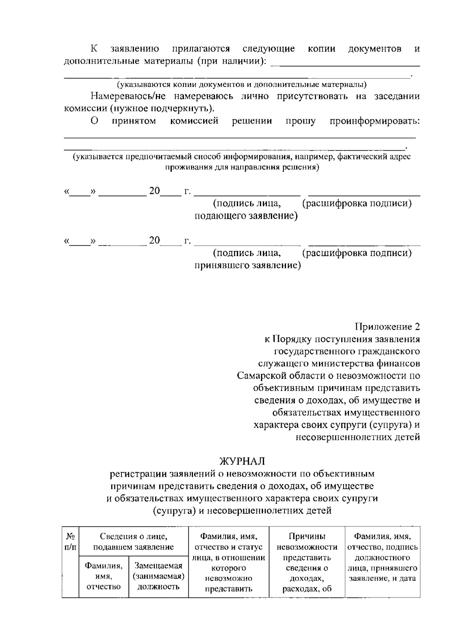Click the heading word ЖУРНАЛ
tap(242, 461)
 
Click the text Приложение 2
tap(387, 326)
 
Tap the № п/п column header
tap(70, 542)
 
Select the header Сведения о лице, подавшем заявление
tap(134, 542)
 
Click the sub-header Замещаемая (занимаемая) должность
tap(159, 576)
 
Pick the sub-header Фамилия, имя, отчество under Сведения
tap(104, 576)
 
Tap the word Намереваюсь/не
tap(125, 96)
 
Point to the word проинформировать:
tap(375, 121)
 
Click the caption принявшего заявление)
tap(248, 265)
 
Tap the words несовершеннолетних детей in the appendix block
tap(358, 437)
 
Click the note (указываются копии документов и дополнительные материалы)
tap(241, 84)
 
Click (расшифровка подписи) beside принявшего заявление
tap(357, 253)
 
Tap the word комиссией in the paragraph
tap(194, 121)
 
